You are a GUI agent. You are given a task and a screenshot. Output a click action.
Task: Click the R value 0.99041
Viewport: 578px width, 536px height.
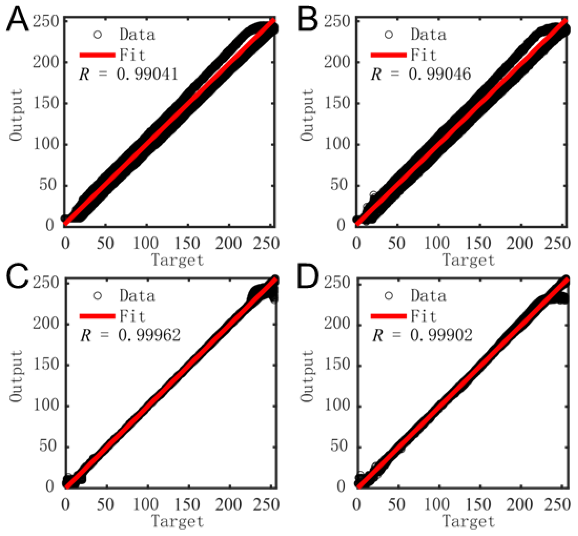tap(147, 74)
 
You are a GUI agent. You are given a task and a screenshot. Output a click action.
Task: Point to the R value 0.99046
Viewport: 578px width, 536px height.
tap(440, 74)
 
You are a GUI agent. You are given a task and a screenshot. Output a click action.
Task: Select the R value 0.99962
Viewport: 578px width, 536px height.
tap(149, 335)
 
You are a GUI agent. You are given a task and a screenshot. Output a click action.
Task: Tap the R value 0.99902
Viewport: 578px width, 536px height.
tap(441, 335)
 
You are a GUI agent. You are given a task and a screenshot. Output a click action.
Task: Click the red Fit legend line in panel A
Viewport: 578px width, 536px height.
tap(97, 55)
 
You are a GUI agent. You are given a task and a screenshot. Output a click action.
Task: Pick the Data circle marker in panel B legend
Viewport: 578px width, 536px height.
tap(389, 35)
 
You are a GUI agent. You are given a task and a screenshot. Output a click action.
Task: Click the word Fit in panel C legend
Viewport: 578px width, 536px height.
tap(132, 316)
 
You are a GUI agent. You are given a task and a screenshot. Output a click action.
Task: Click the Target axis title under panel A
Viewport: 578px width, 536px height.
tap(178, 260)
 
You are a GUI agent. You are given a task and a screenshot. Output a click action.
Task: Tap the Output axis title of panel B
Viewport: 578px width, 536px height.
tap(307, 115)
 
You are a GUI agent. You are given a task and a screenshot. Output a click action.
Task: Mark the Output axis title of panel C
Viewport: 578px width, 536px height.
tap(16, 376)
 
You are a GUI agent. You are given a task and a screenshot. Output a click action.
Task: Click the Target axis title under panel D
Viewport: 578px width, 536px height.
tap(469, 521)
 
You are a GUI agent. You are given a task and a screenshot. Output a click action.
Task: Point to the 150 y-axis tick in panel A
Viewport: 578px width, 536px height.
tap(46, 103)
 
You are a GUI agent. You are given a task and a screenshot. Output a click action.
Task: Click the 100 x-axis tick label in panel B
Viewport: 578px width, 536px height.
tap(437, 243)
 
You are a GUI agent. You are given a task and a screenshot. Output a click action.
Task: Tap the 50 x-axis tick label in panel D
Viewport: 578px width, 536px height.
tap(396, 504)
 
